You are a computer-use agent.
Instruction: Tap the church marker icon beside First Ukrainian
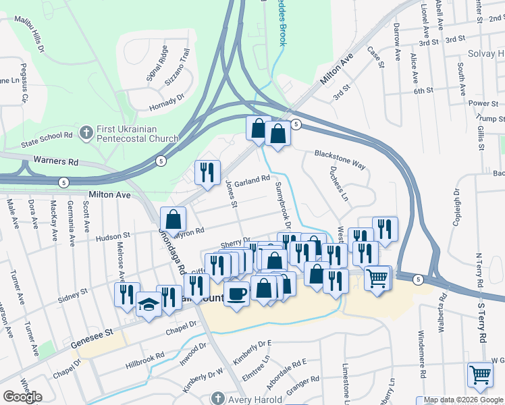click(86, 133)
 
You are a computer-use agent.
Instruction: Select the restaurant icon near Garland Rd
click(207, 172)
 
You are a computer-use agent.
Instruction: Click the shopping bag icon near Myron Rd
click(173, 219)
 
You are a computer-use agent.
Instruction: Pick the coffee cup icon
click(236, 294)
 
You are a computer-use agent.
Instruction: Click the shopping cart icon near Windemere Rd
click(377, 277)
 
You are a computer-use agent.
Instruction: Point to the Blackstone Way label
click(340, 159)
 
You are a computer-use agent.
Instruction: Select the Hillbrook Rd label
click(145, 360)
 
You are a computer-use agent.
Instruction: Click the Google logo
click(22, 397)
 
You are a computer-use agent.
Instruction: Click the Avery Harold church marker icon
click(217, 397)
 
